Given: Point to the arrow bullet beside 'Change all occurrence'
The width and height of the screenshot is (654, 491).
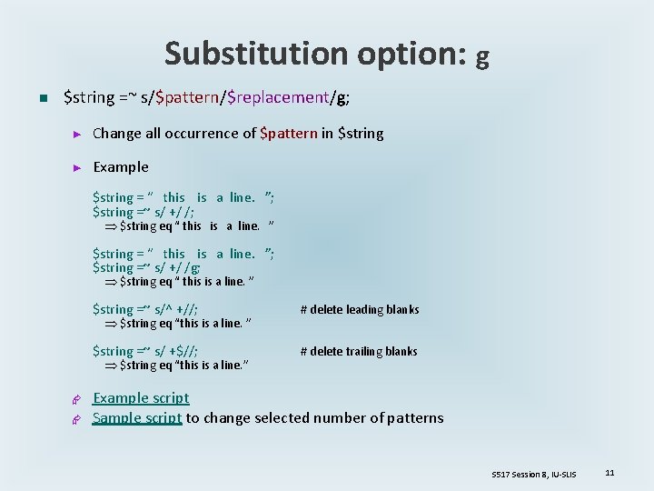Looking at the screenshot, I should [x=77, y=135].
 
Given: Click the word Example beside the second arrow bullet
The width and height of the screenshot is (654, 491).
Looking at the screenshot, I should [x=121, y=167].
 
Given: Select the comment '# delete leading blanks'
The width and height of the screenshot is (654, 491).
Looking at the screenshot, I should [x=360, y=310].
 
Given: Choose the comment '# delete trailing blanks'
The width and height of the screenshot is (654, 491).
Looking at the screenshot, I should [x=359, y=352].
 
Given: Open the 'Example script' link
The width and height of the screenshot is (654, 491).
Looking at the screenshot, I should [x=141, y=398].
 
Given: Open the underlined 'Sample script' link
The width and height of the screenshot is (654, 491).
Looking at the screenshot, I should [x=137, y=418].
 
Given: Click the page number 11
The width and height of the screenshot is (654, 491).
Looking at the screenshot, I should [x=609, y=473].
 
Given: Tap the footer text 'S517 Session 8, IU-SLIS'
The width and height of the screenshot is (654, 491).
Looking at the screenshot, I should [x=535, y=474].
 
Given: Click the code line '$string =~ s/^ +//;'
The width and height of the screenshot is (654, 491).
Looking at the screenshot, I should [x=145, y=310].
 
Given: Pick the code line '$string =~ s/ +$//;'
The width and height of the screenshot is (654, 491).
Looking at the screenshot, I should [x=145, y=352].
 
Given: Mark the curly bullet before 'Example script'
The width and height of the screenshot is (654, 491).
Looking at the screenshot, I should [x=77, y=399].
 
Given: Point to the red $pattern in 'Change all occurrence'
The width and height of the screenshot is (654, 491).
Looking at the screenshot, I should [x=288, y=134].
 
